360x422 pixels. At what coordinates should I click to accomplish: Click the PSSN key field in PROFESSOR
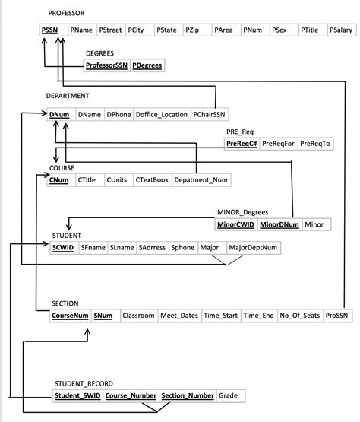pyautogui.click(x=49, y=30)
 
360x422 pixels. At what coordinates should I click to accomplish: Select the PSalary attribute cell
pyautogui.click(x=341, y=30)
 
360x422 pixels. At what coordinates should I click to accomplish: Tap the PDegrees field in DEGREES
pyautogui.click(x=147, y=65)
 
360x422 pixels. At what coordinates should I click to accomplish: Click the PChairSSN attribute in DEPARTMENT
pyautogui.click(x=209, y=114)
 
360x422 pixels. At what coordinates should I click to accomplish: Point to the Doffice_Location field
pyautogui.click(x=161, y=114)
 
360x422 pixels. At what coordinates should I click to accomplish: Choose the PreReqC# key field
pyautogui.click(x=242, y=144)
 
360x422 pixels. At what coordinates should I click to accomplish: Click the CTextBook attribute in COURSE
pyautogui.click(x=152, y=179)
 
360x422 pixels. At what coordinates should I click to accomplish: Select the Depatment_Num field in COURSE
pyautogui.click(x=201, y=179)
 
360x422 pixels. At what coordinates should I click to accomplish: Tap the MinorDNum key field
pyautogui.click(x=279, y=224)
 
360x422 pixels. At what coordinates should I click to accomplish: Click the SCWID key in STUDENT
pyautogui.click(x=62, y=247)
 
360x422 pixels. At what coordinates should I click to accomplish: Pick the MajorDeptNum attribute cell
pyautogui.click(x=253, y=247)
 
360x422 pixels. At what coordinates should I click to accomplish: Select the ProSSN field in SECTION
pyautogui.click(x=336, y=315)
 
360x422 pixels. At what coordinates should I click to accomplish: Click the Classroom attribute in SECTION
pyautogui.click(x=138, y=315)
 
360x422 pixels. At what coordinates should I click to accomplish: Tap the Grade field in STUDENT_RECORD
pyautogui.click(x=228, y=395)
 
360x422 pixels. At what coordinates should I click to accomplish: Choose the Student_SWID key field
pyautogui.click(x=77, y=395)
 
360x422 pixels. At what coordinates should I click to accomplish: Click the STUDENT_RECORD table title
pyautogui.click(x=84, y=383)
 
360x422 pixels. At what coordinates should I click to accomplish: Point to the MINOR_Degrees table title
pyautogui.click(x=242, y=212)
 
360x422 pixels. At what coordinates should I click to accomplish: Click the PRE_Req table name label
pyautogui.click(x=240, y=132)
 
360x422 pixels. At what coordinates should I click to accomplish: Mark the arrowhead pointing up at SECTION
pyautogui.click(x=87, y=332)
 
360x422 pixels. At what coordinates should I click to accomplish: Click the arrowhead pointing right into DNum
pyautogui.click(x=44, y=113)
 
